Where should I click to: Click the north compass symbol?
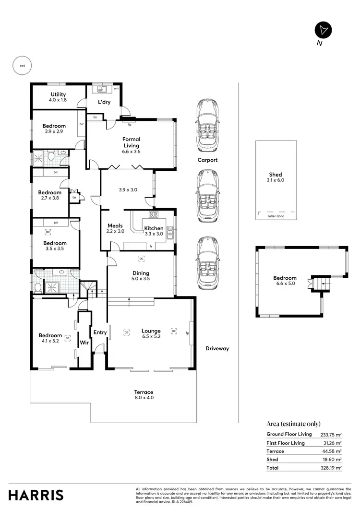[323, 30]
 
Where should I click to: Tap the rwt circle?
[22, 66]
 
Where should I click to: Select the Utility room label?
[58, 95]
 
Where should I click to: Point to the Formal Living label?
[131, 142]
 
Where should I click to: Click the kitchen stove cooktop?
[154, 214]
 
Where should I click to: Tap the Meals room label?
[115, 225]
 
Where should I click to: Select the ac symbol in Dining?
[141, 259]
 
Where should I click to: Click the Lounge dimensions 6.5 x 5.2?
[151, 336]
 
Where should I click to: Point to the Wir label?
[84, 343]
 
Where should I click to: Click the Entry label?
[100, 332]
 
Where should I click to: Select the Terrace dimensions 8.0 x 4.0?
[144, 398]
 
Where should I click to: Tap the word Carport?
[207, 160]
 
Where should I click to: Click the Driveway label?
[217, 349]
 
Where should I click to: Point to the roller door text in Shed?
[276, 216]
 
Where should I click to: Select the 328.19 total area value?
[331, 468]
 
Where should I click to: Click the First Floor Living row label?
[286, 443]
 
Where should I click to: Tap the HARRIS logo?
[36, 495]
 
